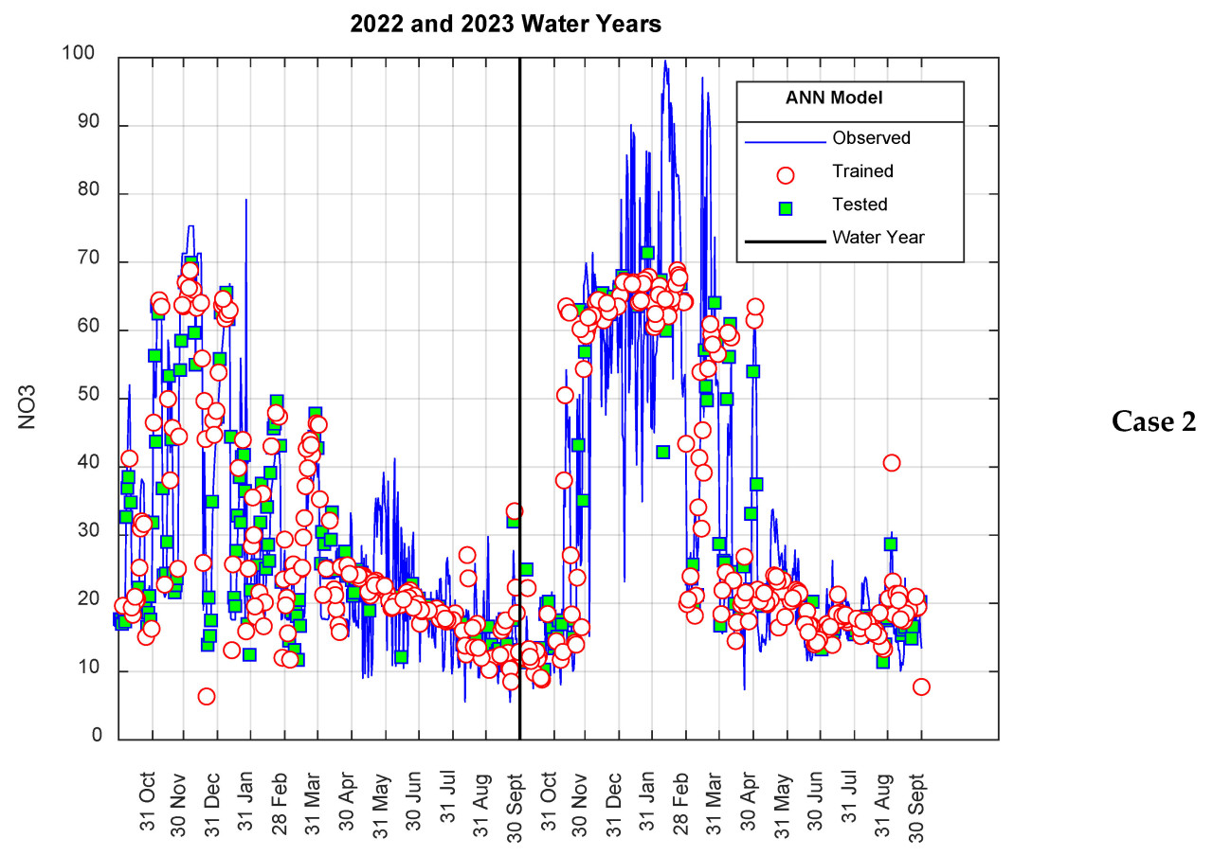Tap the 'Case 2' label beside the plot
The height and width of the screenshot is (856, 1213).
[x=1153, y=422]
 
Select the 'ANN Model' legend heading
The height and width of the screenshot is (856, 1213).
[x=834, y=98]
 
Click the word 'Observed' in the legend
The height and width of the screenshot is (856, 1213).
[x=871, y=138]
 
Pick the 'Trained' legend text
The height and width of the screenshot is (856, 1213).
[x=862, y=171]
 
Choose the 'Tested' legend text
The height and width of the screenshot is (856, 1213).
[x=860, y=205]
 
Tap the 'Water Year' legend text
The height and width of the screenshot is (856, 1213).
[x=878, y=238]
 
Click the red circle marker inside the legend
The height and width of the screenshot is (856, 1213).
[x=785, y=174]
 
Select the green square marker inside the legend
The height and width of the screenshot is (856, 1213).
[x=785, y=206]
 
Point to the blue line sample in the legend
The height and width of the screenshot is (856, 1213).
[x=785, y=142]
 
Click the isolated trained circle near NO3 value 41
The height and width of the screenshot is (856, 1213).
[x=891, y=463]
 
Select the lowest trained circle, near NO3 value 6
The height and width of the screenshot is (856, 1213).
[x=206, y=697]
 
